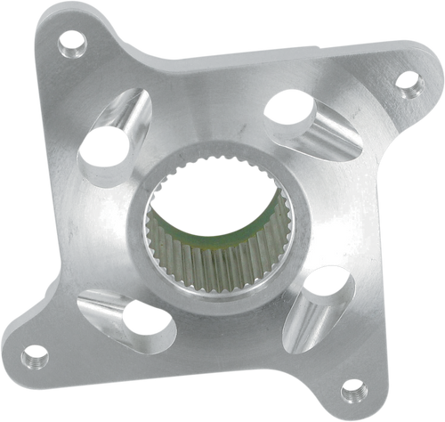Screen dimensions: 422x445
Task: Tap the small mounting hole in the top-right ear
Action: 408,87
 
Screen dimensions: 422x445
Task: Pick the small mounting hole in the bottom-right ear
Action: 352,386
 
